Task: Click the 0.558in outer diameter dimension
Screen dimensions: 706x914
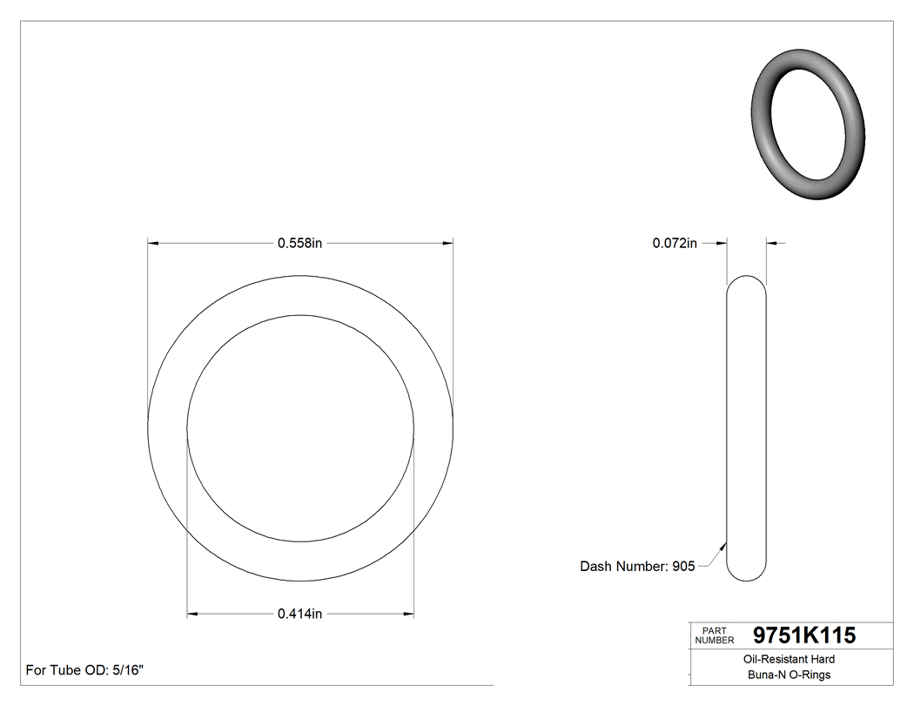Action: [x=299, y=244]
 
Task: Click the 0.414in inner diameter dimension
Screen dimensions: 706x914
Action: [x=299, y=614]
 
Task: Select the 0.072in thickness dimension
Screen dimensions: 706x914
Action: [x=675, y=244]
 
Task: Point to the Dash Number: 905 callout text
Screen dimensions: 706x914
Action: [x=637, y=567]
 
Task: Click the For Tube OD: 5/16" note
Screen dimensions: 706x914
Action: [x=84, y=670]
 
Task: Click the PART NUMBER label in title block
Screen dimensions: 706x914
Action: [x=715, y=635]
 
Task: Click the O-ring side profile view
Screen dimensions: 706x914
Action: [x=746, y=427]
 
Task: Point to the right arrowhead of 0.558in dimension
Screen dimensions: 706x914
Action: [x=449, y=244]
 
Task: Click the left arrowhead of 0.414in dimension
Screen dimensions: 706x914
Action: [x=192, y=614]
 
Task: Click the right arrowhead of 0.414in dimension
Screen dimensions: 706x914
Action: [x=409, y=614]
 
